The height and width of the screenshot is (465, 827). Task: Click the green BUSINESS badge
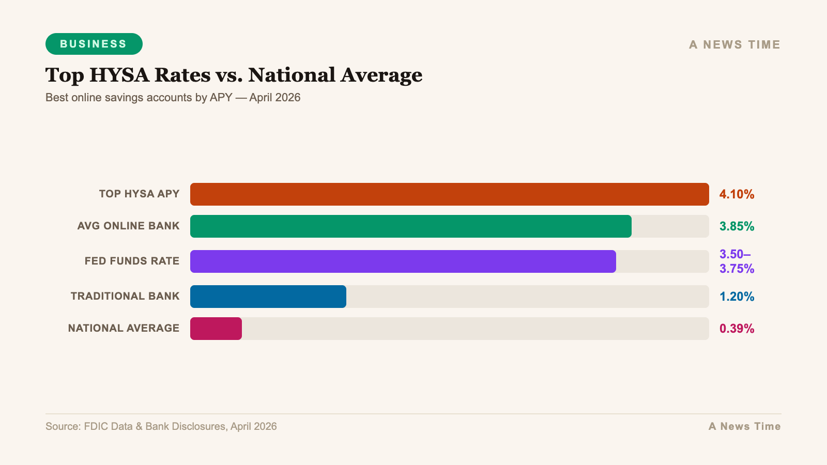[94, 44]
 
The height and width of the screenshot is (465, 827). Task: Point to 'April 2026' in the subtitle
[274, 98]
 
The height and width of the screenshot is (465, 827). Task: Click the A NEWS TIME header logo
[734, 45]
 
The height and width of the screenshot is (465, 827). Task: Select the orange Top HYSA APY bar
[449, 194]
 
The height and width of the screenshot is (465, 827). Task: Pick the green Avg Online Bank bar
[410, 226]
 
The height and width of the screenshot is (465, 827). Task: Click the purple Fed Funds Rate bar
[403, 261]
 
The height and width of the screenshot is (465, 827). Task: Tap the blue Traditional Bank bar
[268, 297]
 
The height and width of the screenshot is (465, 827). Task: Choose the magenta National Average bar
[216, 329]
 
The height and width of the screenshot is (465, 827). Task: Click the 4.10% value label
[737, 195]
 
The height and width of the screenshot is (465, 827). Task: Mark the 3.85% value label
[737, 227]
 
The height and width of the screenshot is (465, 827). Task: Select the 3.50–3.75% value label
[737, 261]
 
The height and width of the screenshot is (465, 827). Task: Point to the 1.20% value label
[737, 297]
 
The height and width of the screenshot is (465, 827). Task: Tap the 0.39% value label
[737, 329]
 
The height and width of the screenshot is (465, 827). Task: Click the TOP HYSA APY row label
[139, 194]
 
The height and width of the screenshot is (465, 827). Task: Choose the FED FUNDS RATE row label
[132, 261]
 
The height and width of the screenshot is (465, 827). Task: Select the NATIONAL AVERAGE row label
[124, 329]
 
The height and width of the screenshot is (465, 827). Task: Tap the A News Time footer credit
[744, 427]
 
